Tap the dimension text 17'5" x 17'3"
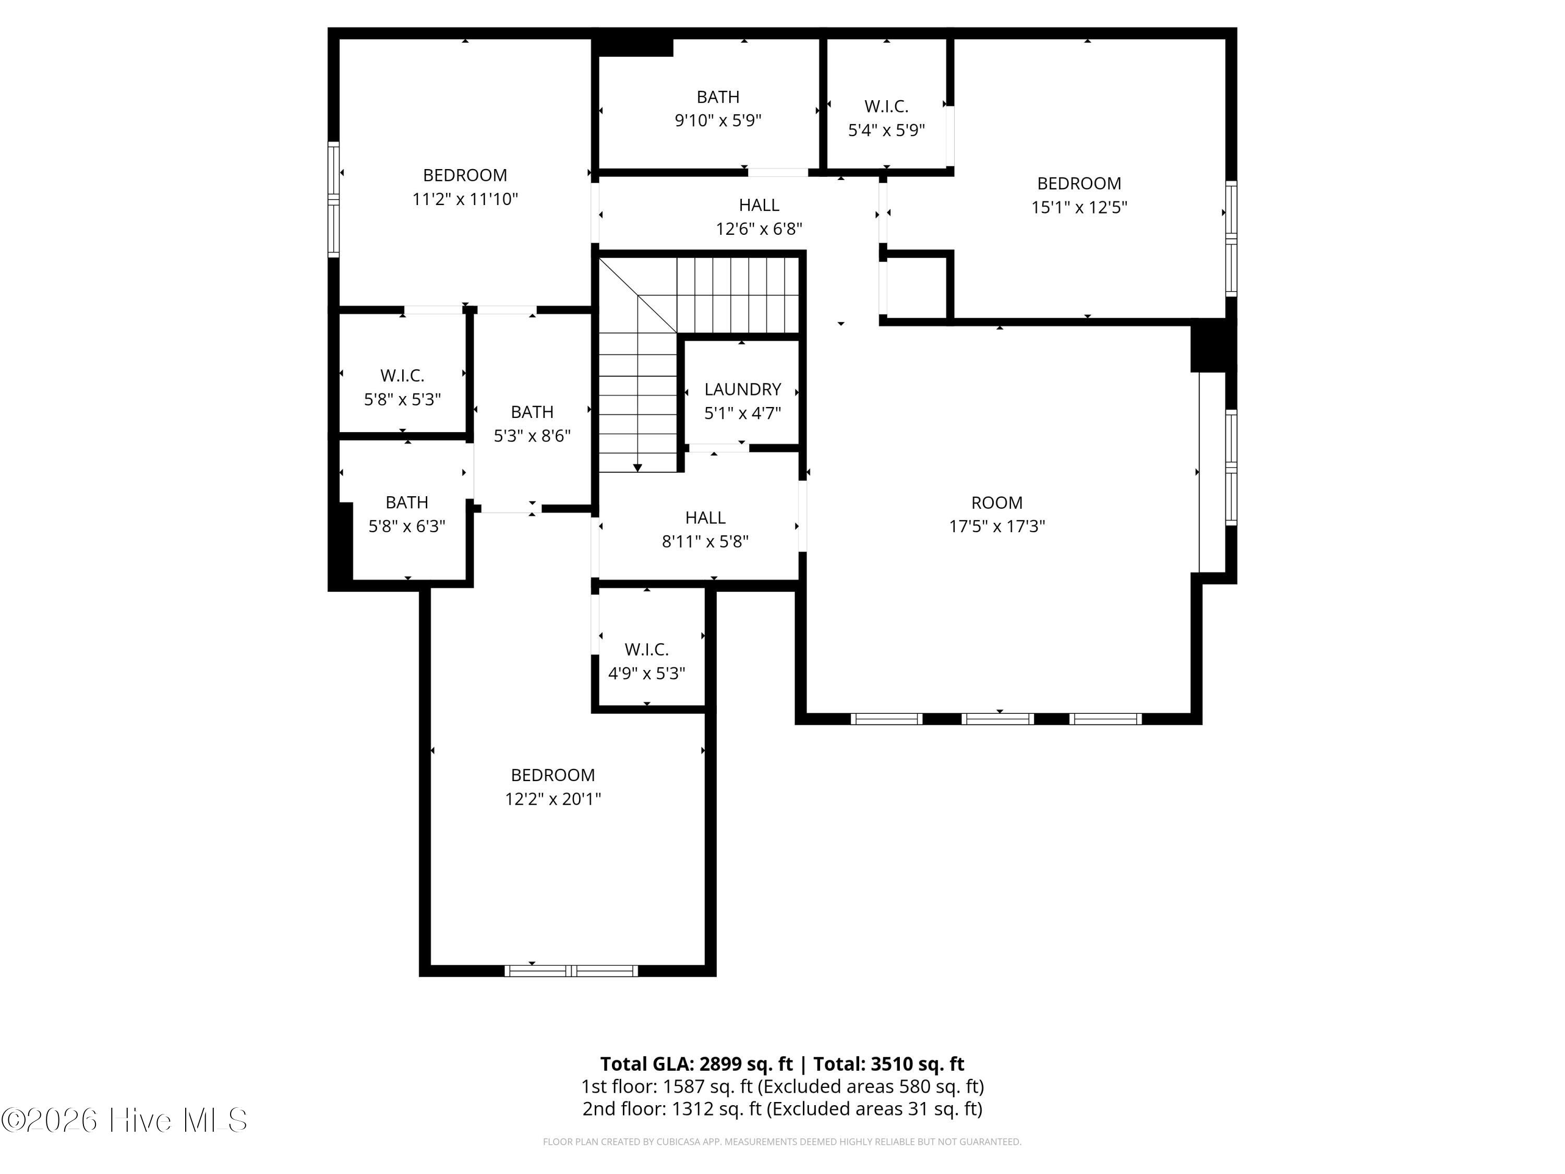[x=997, y=526]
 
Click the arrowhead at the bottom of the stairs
[x=637, y=468]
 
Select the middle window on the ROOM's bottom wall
[x=997, y=719]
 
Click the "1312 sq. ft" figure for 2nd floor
[x=716, y=1109]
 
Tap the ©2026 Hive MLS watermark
[x=125, y=1120]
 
